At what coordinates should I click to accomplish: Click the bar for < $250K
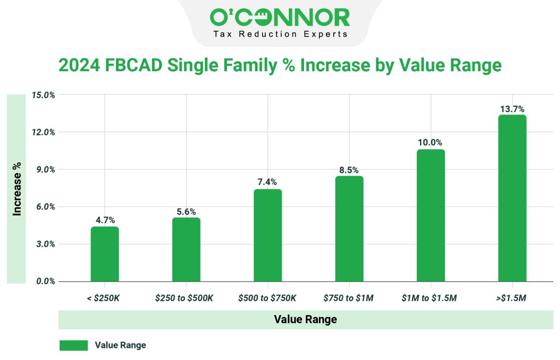(x=104, y=254)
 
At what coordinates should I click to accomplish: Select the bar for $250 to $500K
(x=186, y=249)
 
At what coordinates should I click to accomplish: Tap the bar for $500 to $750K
(x=267, y=235)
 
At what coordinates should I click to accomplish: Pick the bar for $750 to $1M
(x=349, y=229)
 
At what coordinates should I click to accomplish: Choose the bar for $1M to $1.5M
(x=430, y=216)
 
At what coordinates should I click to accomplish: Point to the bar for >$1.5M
(x=512, y=198)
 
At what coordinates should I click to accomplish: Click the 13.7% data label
(x=512, y=109)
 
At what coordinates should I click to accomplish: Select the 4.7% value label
(x=104, y=220)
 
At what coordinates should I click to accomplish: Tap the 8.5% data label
(x=349, y=170)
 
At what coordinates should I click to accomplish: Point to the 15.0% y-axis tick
(x=43, y=95)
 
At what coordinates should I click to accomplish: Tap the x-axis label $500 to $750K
(x=267, y=298)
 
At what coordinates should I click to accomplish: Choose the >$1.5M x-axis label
(x=512, y=298)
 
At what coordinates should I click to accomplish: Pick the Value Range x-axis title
(x=305, y=320)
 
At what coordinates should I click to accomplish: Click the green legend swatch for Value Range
(x=73, y=345)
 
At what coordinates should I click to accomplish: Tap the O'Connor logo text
(x=279, y=18)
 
